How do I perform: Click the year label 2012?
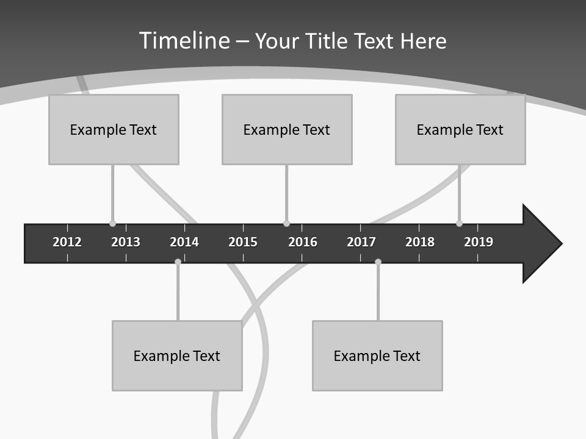[x=67, y=242]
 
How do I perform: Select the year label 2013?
[x=126, y=242]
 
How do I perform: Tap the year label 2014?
[x=184, y=242]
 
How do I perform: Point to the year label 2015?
[x=243, y=242]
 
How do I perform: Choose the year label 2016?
[x=303, y=242]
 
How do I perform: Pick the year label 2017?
[x=361, y=242]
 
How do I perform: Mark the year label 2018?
[x=420, y=242]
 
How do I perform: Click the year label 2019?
[x=479, y=242]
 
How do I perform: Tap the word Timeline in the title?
[x=185, y=41]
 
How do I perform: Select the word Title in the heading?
[x=327, y=41]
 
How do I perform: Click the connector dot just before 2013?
[x=112, y=224]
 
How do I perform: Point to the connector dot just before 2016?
[x=286, y=224]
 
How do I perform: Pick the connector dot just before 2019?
[x=459, y=224]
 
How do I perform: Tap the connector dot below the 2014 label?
[x=178, y=262]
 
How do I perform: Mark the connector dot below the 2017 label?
[x=378, y=262]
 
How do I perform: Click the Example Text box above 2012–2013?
[x=114, y=129]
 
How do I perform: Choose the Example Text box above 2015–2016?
[x=287, y=129]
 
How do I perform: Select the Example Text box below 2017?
[x=377, y=355]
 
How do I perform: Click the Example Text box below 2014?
[x=177, y=355]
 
